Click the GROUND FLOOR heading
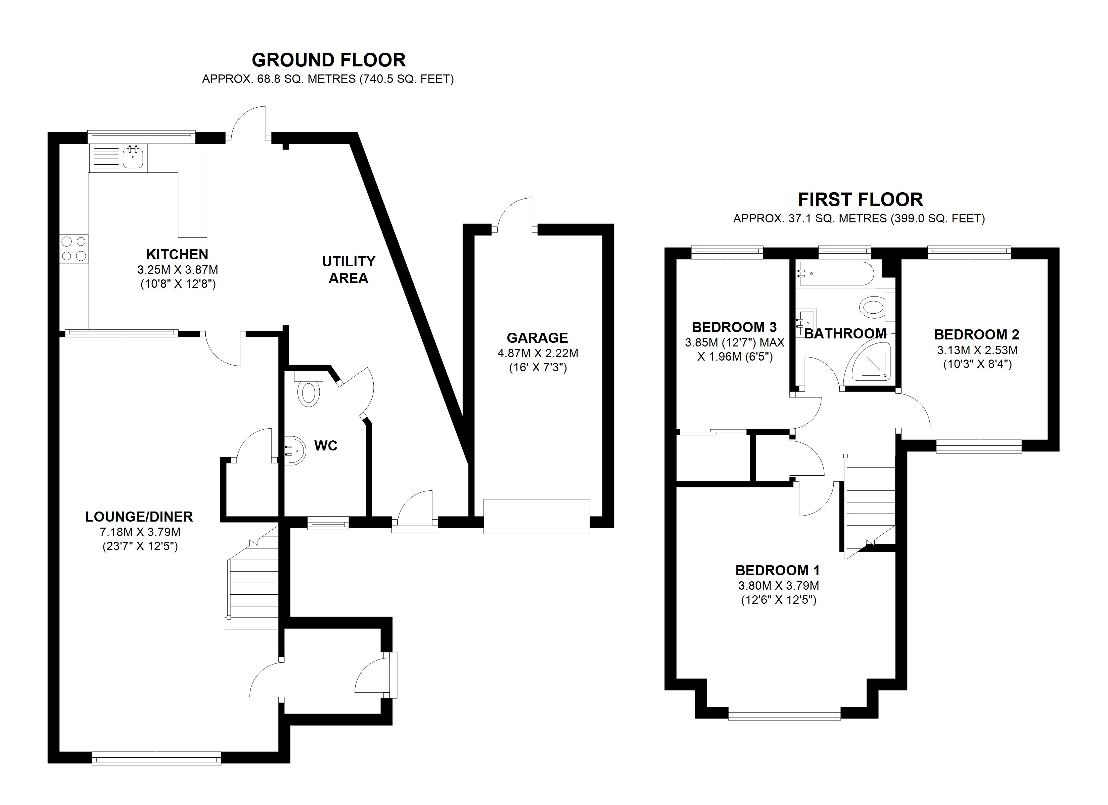click(328, 60)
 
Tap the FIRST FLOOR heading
click(860, 200)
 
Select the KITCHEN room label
click(177, 254)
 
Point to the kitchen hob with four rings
click(74, 249)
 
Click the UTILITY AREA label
click(348, 269)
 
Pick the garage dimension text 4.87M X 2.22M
click(538, 353)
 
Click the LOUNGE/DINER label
click(139, 517)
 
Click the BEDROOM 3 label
click(734, 327)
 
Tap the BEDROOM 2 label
click(977, 334)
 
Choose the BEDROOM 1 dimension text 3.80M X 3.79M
click(778, 585)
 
